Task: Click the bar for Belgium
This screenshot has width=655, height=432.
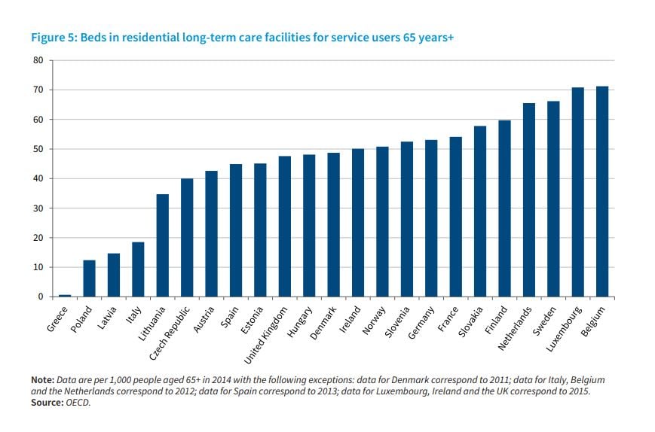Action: click(602, 192)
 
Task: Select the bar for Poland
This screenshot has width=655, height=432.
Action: click(89, 278)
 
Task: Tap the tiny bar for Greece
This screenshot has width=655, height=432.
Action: click(65, 295)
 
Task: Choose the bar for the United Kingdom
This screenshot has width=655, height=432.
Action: click(284, 227)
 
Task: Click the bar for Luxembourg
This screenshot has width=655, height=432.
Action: click(577, 193)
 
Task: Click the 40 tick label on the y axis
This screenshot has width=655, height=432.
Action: click(38, 178)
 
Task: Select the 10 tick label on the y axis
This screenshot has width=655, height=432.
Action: click(38, 267)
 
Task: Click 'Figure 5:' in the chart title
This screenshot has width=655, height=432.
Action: click(51, 37)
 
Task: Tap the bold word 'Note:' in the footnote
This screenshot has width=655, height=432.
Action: click(42, 380)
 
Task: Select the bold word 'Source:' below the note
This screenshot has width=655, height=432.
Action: click(47, 403)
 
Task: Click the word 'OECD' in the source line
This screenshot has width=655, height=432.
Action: click(79, 403)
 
